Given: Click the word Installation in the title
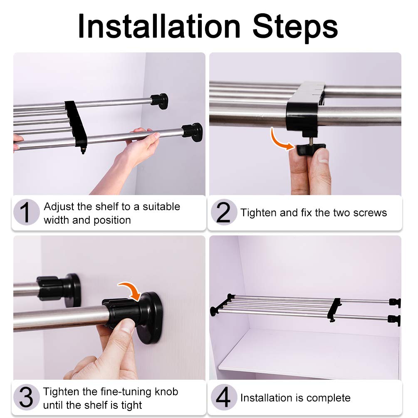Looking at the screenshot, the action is coord(159,26).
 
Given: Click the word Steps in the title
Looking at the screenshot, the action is coord(295,28).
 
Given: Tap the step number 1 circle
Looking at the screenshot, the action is coord(26,212).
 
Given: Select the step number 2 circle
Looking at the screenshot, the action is coord(224,212).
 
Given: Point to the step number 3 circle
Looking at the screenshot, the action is coord(26,397).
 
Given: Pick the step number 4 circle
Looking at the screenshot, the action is coord(224,397).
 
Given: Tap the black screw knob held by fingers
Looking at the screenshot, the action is coord(311,149).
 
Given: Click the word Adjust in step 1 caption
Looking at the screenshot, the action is coord(59,207).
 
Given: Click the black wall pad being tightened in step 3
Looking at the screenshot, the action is coord(151,318).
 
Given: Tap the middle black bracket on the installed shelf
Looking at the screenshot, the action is coord(334,309).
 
